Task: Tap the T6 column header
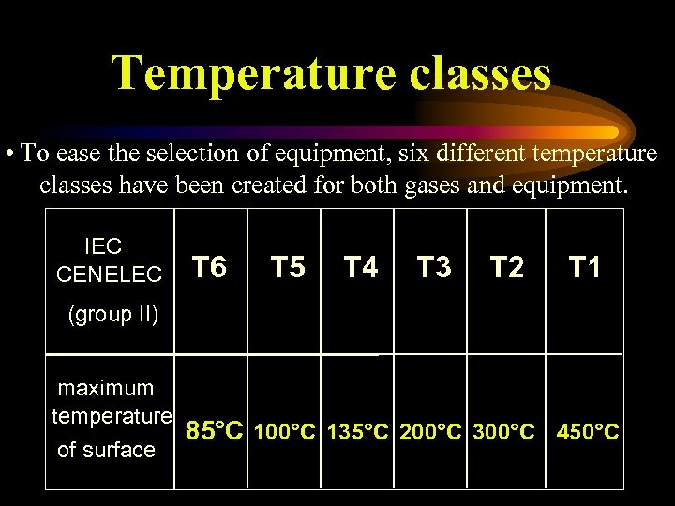[x=209, y=269]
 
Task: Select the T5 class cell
[x=288, y=269]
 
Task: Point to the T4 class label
[x=360, y=269]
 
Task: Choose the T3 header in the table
[x=433, y=269]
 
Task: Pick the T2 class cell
[x=507, y=269]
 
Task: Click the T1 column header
[x=585, y=269]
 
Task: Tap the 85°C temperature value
[x=215, y=432]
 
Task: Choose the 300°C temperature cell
[x=504, y=433]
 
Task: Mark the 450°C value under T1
[x=588, y=433]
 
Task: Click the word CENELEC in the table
[x=109, y=275]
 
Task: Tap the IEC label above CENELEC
[x=103, y=247]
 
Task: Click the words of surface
[x=106, y=450]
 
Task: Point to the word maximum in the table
[x=106, y=388]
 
